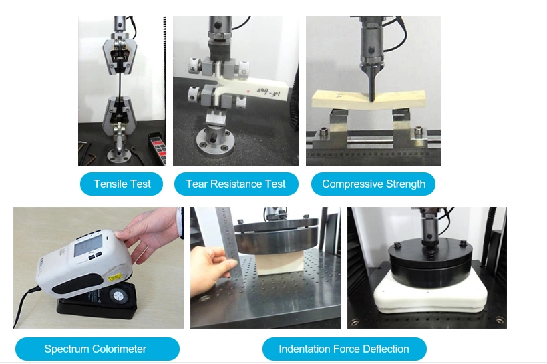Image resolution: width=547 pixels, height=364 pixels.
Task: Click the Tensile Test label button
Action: pyautogui.click(x=122, y=184)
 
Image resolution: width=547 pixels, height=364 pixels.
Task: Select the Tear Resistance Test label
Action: pyautogui.click(x=236, y=184)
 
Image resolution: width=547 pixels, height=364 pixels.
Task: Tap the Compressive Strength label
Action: pyautogui.click(x=373, y=184)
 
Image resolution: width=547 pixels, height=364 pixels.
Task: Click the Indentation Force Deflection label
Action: pyautogui.click(x=345, y=349)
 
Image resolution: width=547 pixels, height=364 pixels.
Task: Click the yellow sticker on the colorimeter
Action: pyautogui.click(x=115, y=278)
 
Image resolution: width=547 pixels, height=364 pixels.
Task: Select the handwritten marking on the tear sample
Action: pyautogui.click(x=268, y=92)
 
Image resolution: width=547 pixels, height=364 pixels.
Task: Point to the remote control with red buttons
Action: pyautogui.click(x=158, y=148)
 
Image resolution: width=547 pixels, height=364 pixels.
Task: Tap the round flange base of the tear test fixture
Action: pyautogui.click(x=214, y=143)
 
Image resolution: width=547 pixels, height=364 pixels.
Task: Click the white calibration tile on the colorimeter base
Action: pyautogui.click(x=119, y=296)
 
